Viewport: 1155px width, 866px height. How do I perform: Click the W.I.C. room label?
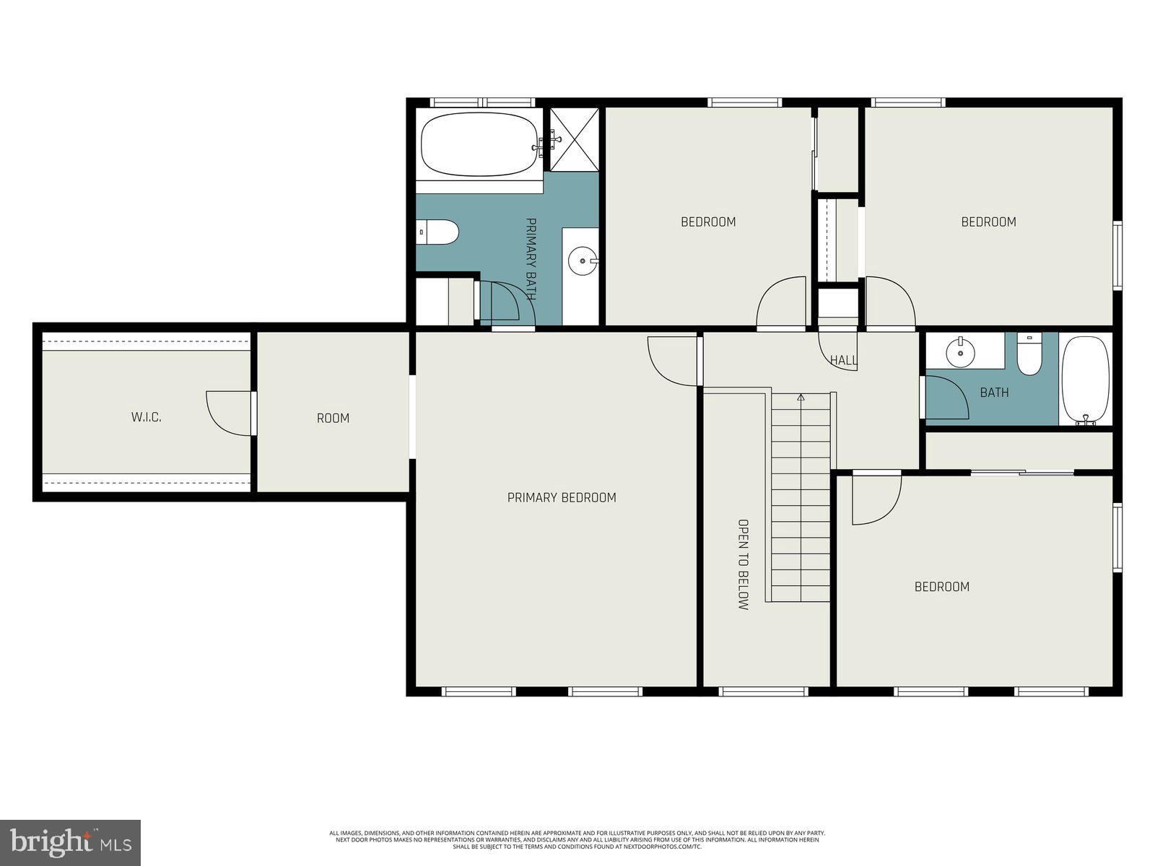click(146, 418)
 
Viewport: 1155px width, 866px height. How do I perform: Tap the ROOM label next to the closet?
click(333, 418)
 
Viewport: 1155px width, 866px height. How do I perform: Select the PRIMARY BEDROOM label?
click(562, 497)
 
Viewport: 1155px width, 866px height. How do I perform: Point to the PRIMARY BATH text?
click(531, 259)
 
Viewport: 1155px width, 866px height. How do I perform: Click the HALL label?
click(843, 360)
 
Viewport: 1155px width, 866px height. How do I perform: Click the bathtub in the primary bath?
click(479, 144)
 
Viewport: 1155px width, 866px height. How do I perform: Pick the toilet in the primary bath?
click(440, 232)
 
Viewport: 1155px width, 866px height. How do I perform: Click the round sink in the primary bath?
click(581, 260)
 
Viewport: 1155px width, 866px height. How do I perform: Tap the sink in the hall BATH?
click(961, 351)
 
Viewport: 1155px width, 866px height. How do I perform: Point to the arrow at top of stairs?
click(801, 397)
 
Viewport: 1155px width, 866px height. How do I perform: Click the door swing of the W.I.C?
click(227, 414)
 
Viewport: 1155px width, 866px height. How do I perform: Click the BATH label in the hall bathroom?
click(994, 393)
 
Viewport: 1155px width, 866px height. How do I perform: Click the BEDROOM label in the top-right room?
click(988, 222)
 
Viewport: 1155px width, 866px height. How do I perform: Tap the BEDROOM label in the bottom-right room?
click(941, 587)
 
